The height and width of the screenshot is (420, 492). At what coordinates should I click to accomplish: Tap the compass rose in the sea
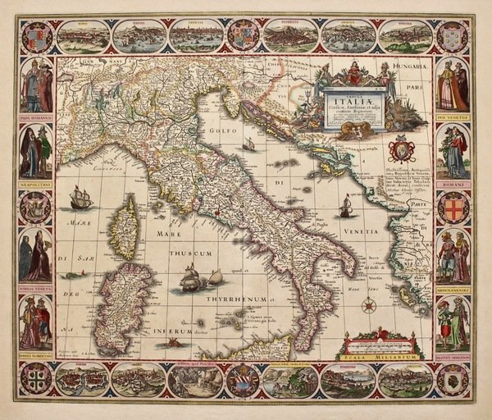pos(369,305)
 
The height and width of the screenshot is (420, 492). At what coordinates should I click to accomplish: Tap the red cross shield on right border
pos(453,208)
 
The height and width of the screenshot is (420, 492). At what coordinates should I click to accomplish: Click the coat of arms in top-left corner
pos(35,37)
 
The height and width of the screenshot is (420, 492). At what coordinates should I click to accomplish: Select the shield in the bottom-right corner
pos(453,378)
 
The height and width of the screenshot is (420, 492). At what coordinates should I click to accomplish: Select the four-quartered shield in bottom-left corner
pos(35,378)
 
